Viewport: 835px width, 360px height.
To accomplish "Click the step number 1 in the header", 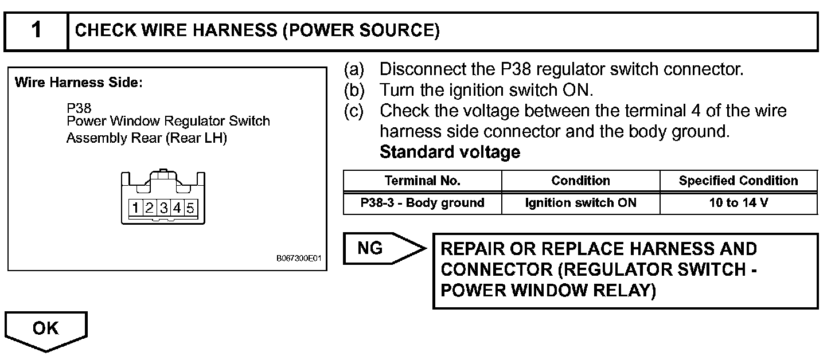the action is [x=36, y=30].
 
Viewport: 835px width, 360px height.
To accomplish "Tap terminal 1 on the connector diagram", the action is [x=136, y=208].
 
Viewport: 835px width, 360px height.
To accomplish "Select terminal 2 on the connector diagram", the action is [x=150, y=208].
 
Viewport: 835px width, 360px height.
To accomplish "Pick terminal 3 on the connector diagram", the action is [x=163, y=208].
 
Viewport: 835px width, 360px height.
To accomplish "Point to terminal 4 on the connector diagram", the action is [x=177, y=208].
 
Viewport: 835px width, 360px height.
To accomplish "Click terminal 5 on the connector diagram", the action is [x=190, y=208].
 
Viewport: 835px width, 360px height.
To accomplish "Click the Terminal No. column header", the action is [x=422, y=181].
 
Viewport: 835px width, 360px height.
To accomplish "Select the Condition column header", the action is [x=580, y=181].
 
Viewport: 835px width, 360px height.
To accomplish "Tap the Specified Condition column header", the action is [x=738, y=181].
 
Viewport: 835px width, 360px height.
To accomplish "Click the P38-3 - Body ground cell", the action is [x=422, y=203].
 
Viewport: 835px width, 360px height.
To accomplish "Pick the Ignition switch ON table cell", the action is [x=580, y=203].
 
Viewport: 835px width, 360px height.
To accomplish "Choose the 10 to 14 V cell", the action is [x=738, y=203].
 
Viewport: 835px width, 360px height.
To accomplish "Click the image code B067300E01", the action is [x=299, y=259].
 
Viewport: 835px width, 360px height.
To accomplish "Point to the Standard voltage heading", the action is [x=450, y=152].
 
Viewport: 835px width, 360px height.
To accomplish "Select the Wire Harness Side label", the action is [x=79, y=83].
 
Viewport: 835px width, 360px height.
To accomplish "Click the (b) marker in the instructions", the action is [x=354, y=90].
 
